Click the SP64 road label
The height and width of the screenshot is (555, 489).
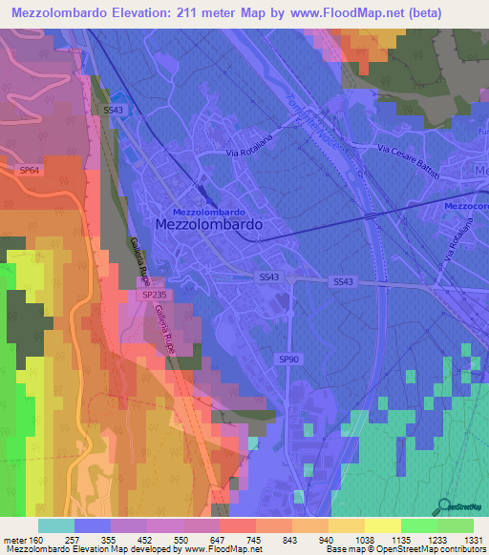(31, 169)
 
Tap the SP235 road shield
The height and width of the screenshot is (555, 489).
(155, 296)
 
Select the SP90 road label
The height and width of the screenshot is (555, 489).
(287, 358)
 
